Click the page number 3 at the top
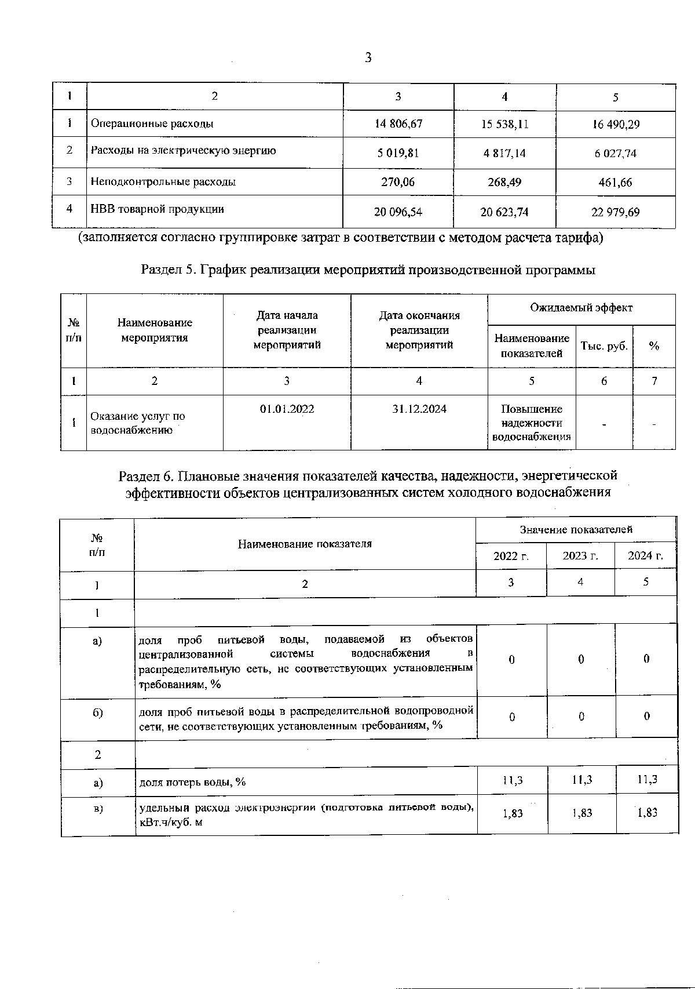pos(368,58)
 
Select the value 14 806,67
pos(398,124)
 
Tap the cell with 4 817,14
pos(504,154)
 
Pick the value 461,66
pos(615,183)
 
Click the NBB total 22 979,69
pos(615,212)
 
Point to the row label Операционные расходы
pos(152,123)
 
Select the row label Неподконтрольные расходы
pos(163,182)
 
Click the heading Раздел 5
pos(368,270)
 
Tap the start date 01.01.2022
pos(287,409)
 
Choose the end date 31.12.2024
pos(419,409)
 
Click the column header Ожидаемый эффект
pos(581,308)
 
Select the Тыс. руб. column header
pos(604,346)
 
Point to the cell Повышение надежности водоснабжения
pos(531,423)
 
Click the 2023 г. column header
pos(580,557)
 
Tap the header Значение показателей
pos(576,529)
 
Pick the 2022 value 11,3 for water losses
pos(512,780)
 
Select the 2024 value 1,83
pos(647,813)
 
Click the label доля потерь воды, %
pos(192,782)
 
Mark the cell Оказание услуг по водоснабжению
pos(138,423)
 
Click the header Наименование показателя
pos(305,544)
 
